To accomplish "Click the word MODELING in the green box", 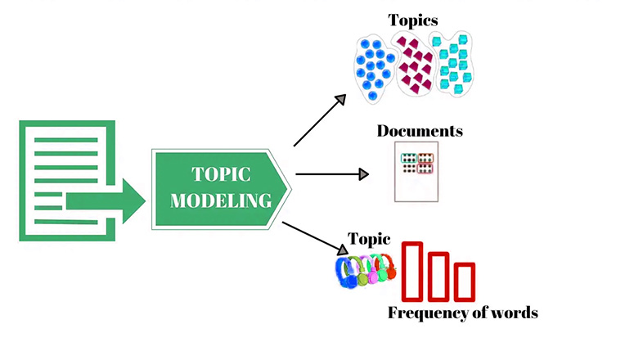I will (x=221, y=200).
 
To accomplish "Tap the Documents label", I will (x=420, y=131).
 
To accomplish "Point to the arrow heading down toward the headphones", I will (x=313, y=237).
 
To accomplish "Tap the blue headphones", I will (x=348, y=272).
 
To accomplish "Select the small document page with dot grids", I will (x=416, y=172).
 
